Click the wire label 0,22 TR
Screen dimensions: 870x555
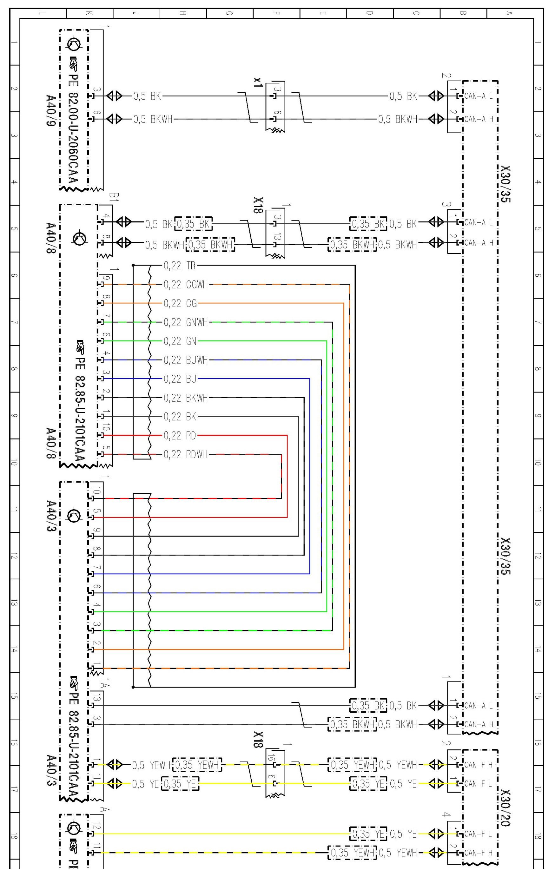pos(179,266)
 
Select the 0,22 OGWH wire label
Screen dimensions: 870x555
pos(186,285)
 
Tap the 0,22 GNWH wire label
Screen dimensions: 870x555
pos(186,322)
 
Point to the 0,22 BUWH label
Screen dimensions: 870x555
pos(186,360)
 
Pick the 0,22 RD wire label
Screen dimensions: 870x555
pos(180,435)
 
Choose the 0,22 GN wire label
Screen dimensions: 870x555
pos(180,341)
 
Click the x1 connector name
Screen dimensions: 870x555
pos(258,82)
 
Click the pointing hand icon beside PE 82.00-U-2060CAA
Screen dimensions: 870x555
pos(74,63)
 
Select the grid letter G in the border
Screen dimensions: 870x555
pos(229,13)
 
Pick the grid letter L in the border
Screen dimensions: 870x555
pos(43,13)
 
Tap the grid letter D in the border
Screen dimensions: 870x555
pos(369,13)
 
